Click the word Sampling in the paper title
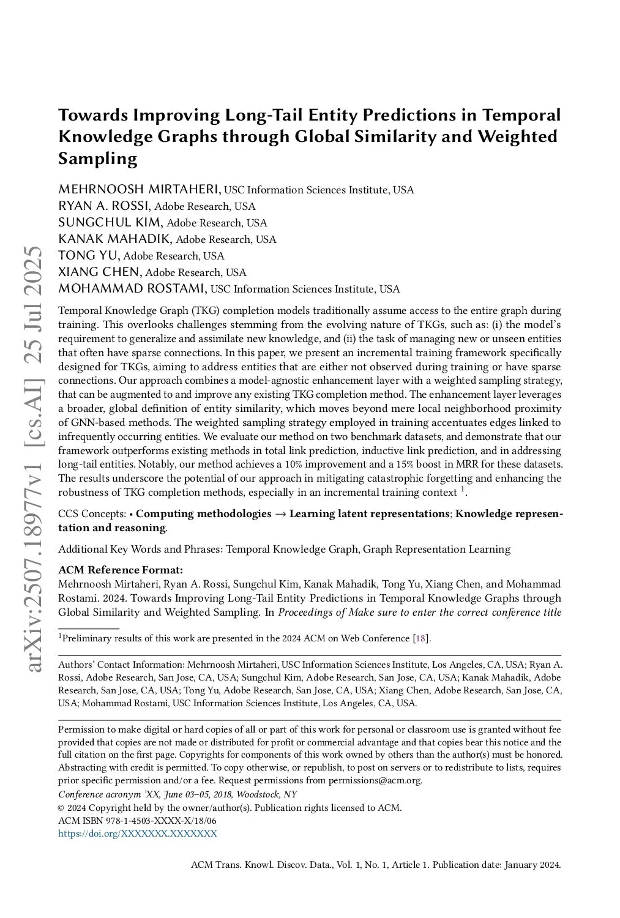[97, 159]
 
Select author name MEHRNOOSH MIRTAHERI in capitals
[140, 189]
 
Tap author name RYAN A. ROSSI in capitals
[103, 206]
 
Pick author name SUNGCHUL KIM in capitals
[110, 222]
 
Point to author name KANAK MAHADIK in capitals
[114, 239]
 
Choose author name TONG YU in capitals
[88, 255]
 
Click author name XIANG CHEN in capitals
[99, 272]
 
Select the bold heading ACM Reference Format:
[120, 570]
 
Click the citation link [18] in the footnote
[420, 638]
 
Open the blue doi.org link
[137, 834]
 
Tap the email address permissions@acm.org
[375, 780]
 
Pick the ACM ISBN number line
[137, 821]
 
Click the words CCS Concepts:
[92, 513]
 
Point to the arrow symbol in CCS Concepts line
[280, 513]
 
